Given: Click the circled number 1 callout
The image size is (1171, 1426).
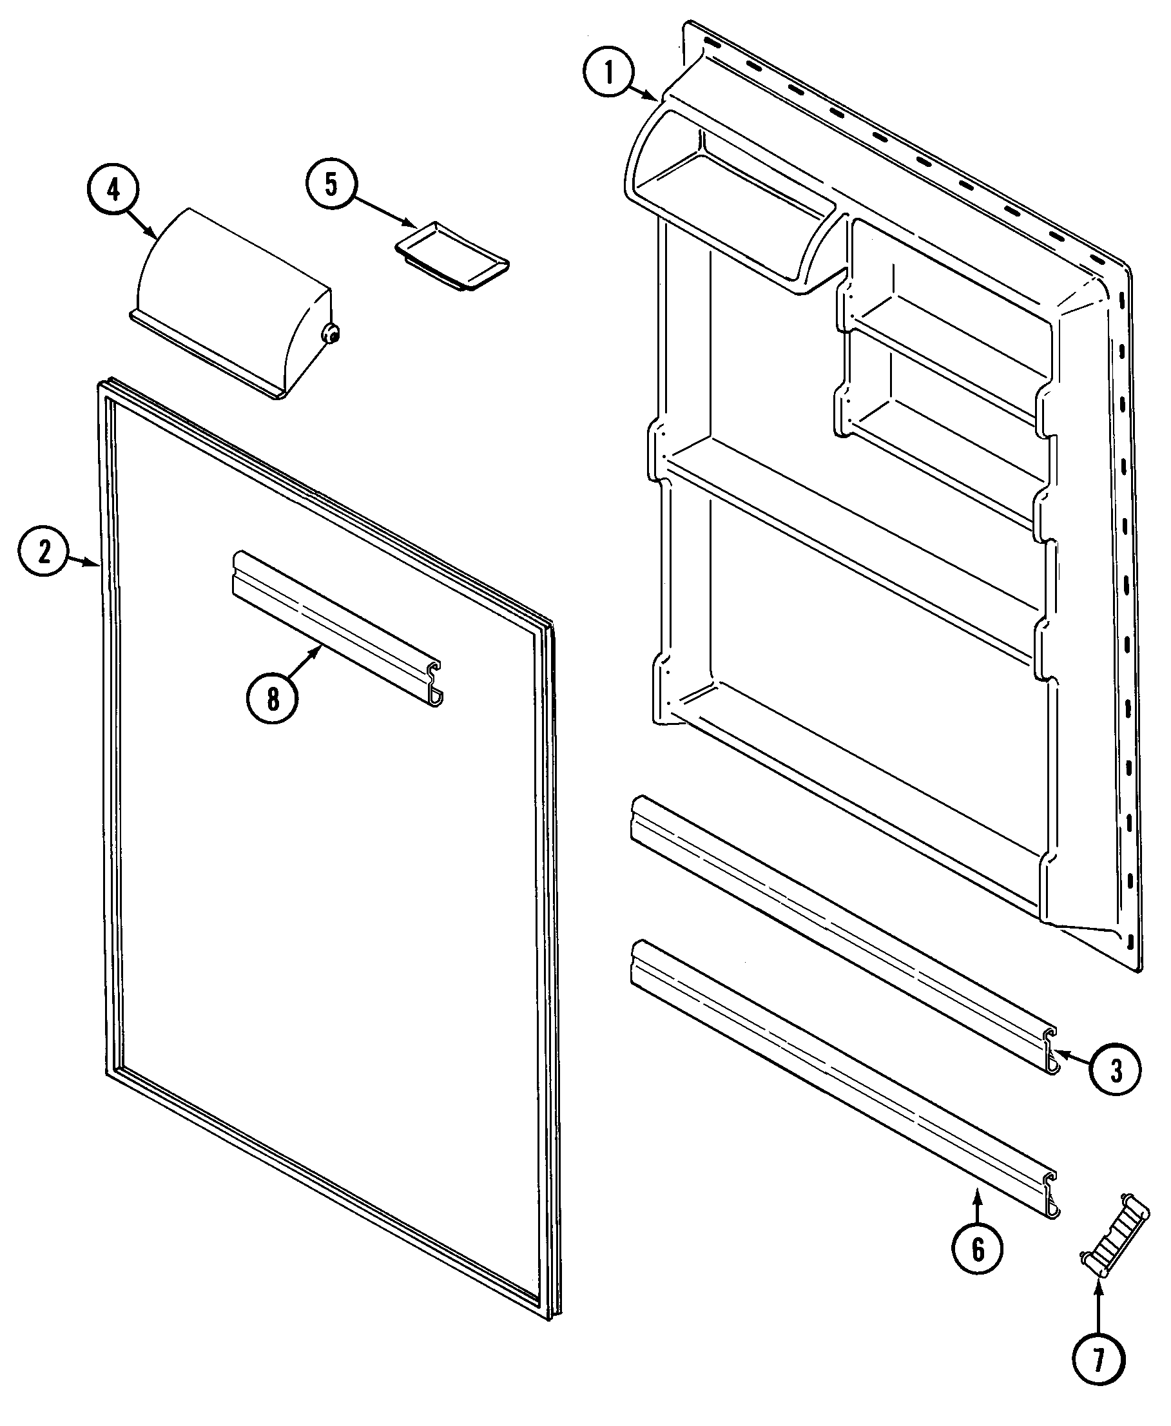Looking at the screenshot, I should tap(609, 72).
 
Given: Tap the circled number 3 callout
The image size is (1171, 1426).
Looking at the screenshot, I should tap(1116, 1070).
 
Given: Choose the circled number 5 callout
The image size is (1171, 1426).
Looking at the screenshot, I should tap(331, 184).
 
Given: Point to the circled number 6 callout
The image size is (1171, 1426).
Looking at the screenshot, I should tap(978, 1250).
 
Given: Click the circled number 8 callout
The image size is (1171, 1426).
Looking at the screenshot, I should tap(273, 699).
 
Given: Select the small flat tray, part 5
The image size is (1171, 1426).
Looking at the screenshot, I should tap(452, 256).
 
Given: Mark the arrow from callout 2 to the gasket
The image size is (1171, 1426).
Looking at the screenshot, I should tap(84, 560).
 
